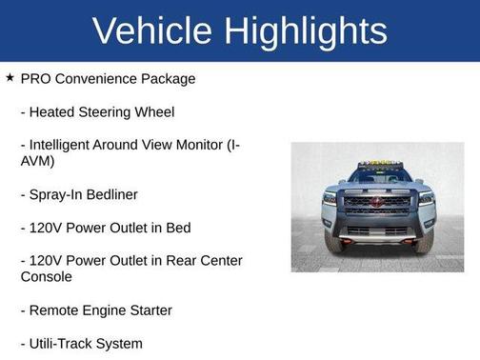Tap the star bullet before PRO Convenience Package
(x=10, y=77)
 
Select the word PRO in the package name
(x=37, y=78)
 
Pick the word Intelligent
(x=66, y=145)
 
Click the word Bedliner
(x=112, y=194)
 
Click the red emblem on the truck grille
(x=377, y=203)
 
